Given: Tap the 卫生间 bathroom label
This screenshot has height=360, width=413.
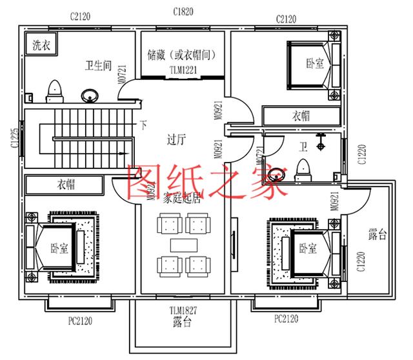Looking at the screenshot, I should [99, 65].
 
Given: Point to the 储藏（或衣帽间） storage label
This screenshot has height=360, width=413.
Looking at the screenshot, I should [185, 56].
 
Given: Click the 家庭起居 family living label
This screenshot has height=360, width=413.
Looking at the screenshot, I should [182, 199].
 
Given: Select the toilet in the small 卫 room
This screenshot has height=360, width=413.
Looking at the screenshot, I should [301, 170].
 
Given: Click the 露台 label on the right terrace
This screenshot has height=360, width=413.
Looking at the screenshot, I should [378, 234].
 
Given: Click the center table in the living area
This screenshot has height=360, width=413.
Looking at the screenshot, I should [183, 245].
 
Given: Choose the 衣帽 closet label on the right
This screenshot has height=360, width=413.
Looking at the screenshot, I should [300, 115].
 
